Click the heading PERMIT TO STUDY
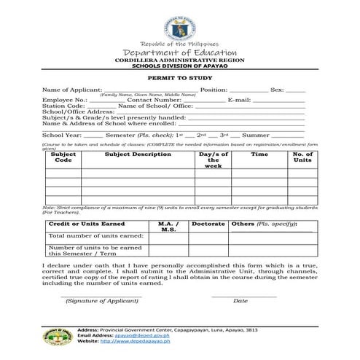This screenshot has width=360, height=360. [179, 77]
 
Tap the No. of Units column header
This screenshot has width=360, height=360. [302, 157]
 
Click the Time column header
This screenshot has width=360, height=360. [259, 154]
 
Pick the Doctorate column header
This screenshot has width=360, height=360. [209, 224]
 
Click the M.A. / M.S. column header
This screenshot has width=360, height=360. [168, 227]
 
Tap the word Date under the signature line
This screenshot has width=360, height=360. [240, 300]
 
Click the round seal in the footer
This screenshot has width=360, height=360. [55, 337]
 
